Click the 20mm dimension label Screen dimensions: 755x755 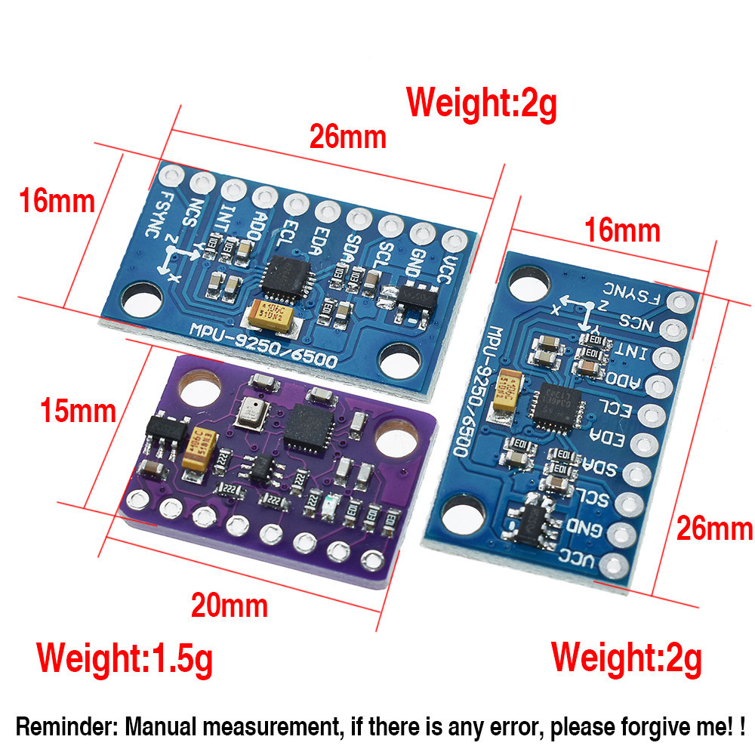[229, 606]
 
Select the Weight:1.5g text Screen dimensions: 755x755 [125, 658]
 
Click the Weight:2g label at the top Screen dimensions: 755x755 [482, 103]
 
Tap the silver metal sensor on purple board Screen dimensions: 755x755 [250, 412]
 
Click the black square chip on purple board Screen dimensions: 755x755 [305, 427]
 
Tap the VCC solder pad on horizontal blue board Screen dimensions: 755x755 [454, 241]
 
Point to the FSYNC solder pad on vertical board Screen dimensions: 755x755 [682, 303]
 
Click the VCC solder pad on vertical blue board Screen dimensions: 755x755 [618, 563]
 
